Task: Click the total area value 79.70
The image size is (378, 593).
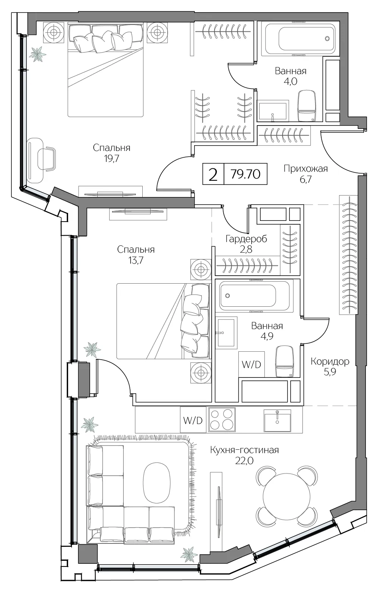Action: [x=246, y=174]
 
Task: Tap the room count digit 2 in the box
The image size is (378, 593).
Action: [x=213, y=174]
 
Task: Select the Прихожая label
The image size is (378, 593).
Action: [x=306, y=169]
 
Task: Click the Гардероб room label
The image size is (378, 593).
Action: [x=246, y=239]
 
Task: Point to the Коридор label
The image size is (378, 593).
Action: [x=330, y=361]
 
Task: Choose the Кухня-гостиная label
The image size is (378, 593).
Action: [x=244, y=450]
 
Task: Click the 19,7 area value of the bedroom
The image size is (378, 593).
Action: [x=112, y=158]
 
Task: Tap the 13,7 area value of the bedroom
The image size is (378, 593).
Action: [x=136, y=260]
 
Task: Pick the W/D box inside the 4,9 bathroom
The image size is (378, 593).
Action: [x=251, y=364]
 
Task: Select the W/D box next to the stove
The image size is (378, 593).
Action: [x=193, y=421]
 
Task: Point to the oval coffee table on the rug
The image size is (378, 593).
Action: [x=157, y=485]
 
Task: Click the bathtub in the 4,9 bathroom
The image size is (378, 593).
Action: [x=255, y=295]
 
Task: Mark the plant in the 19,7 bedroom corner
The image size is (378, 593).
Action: [x=37, y=54]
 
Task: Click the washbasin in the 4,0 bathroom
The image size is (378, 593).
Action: [x=272, y=111]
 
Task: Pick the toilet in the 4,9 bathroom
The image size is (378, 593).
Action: [x=285, y=362]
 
